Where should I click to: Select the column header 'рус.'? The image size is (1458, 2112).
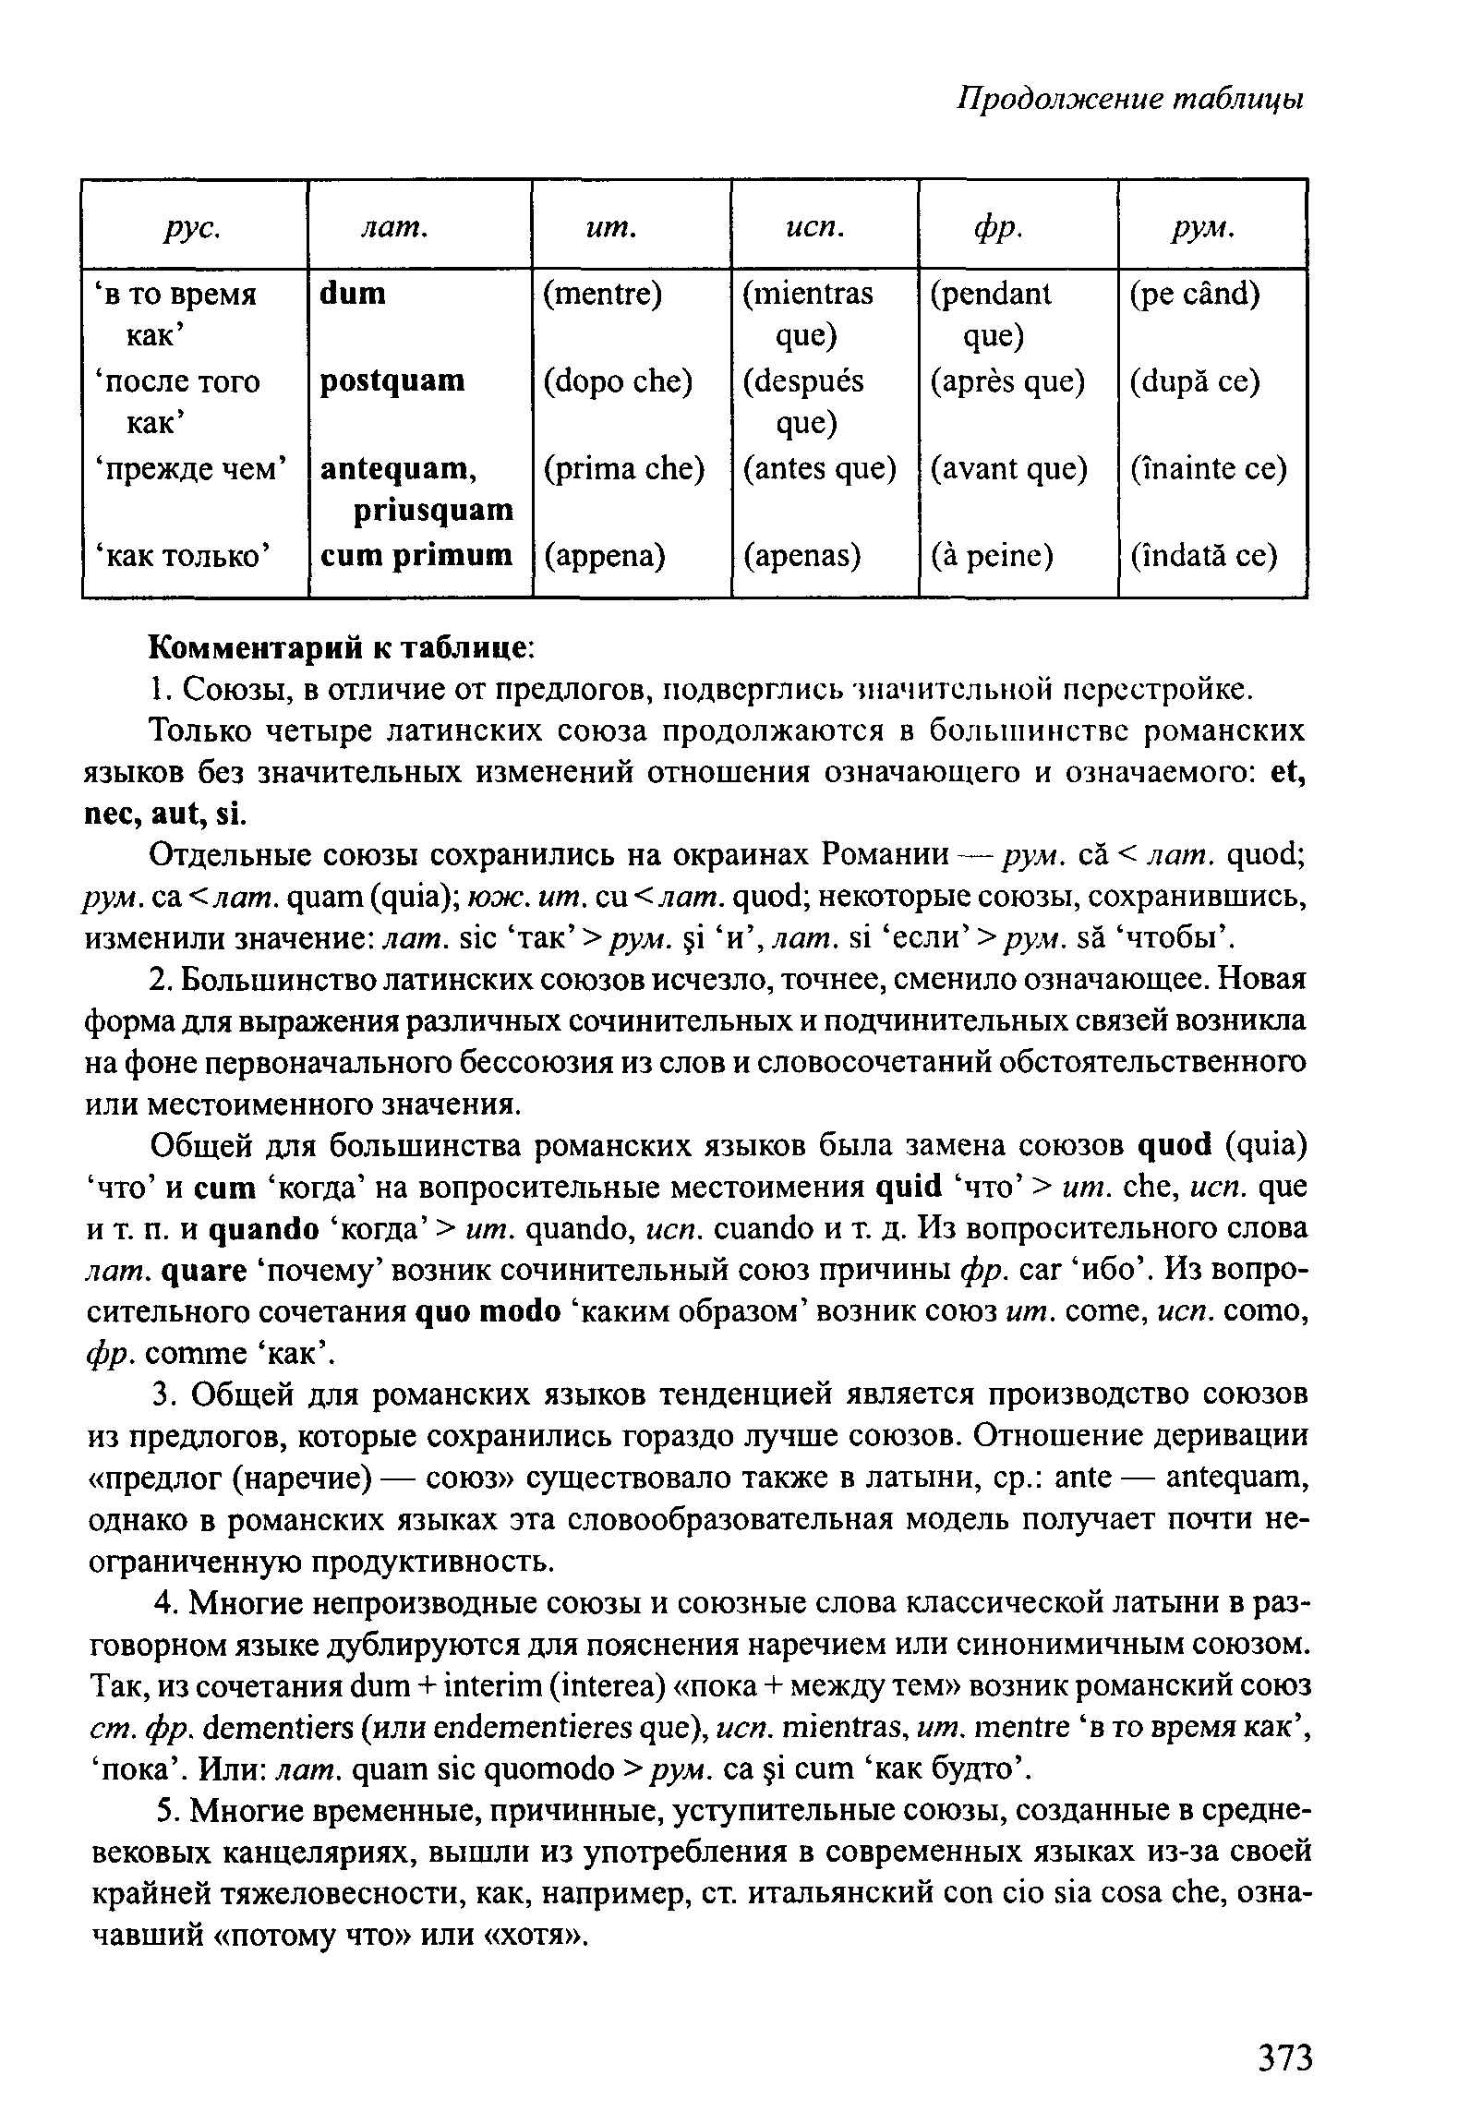coord(194,227)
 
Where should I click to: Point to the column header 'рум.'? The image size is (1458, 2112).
coord(1204,227)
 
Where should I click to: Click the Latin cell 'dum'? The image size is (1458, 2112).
coord(353,294)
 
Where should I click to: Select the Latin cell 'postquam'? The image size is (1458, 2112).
coord(392,380)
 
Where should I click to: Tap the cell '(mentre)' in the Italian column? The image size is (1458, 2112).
coord(602,294)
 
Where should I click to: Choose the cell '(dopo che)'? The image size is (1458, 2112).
coord(617,380)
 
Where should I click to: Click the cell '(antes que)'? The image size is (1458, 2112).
coord(820,468)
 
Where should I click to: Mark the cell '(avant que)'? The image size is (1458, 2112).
coord(1008,468)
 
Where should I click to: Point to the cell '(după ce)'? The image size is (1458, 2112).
coord(1195,380)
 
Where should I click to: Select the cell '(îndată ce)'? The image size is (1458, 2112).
coord(1204,555)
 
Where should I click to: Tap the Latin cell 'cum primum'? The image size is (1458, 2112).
coord(416,555)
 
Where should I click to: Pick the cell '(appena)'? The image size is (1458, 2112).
coord(604,555)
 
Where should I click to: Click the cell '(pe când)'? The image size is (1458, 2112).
coord(1195,294)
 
